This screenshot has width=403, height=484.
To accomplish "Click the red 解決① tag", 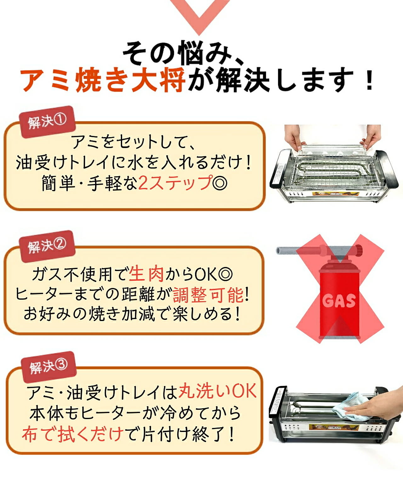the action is (x=48, y=122).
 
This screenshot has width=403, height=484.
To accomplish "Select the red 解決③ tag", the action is (x=48, y=367).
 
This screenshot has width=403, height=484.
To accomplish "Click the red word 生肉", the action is (x=146, y=274).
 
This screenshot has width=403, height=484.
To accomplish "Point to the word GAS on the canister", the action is (x=339, y=301).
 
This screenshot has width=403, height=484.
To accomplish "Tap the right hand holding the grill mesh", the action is (x=371, y=137).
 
